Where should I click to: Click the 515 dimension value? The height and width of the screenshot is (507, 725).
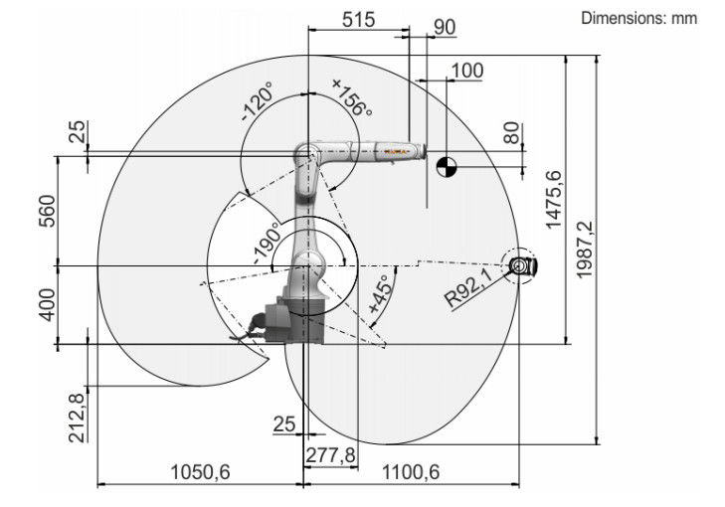coord(358,20)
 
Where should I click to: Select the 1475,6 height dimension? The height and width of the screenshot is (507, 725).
coord(554,200)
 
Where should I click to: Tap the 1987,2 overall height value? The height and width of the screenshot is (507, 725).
coord(585,250)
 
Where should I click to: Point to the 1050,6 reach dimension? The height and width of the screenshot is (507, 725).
coord(200,472)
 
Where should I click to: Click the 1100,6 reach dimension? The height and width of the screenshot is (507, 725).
coord(411,472)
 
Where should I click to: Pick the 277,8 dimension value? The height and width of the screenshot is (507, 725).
coord(330,455)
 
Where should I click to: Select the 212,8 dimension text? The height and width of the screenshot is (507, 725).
coord(77,418)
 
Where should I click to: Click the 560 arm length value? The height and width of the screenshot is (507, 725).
coord(47,211)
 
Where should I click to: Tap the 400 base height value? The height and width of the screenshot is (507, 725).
coord(47,304)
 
